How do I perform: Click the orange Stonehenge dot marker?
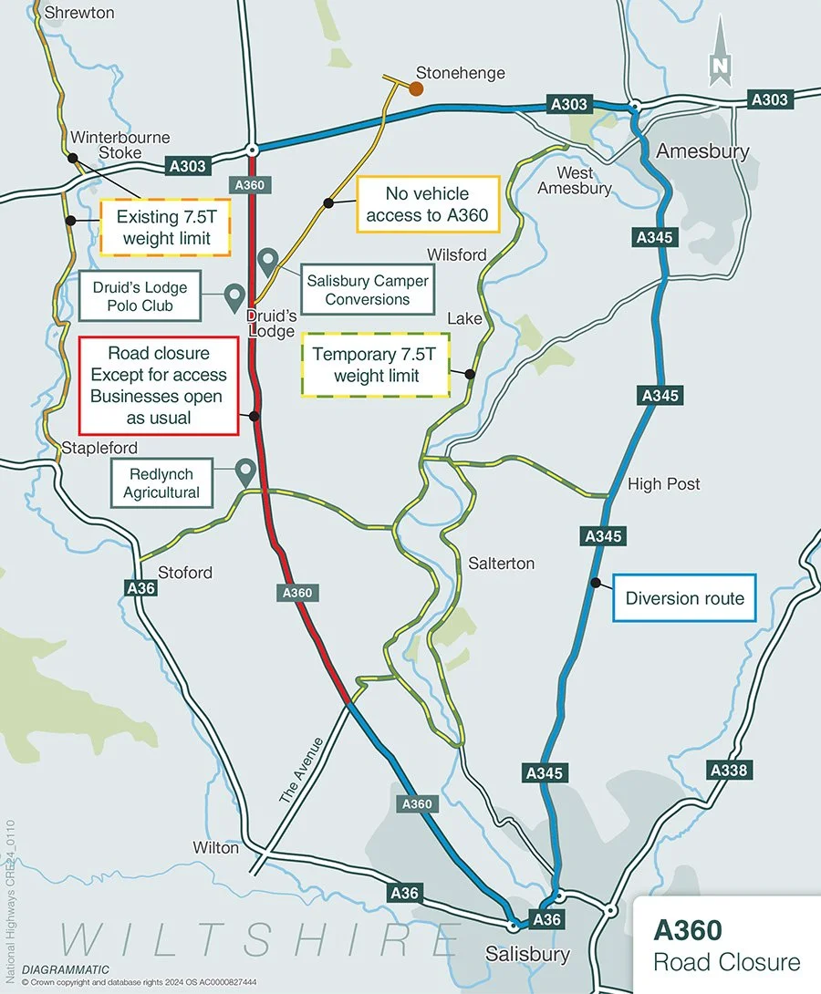[x=415, y=88]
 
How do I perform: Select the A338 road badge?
[x=728, y=771]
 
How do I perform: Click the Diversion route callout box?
[x=684, y=598]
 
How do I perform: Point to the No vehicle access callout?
[x=428, y=204]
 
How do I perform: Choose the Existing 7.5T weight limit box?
[x=163, y=227]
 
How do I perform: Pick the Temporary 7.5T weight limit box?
[x=376, y=365]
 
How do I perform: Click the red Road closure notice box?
[x=159, y=385]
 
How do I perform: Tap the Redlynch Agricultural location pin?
[x=244, y=471]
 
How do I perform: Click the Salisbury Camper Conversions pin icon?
[x=267, y=262]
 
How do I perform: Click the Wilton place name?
[x=216, y=847]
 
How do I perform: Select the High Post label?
[x=664, y=484]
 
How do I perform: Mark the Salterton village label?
[x=501, y=564]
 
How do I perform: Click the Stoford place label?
[x=185, y=573]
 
